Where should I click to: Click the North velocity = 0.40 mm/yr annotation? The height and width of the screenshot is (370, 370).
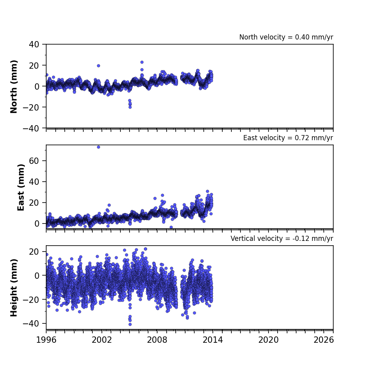coord(286,37)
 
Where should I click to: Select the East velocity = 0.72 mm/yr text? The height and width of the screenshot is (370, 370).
coord(288,138)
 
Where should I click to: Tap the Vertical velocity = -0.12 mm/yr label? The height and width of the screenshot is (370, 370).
coord(282,239)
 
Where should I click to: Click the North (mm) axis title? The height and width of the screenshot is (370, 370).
coord(14,86)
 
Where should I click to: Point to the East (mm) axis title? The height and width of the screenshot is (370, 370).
coord(21,187)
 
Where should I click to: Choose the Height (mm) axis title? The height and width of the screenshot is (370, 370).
coord(14,287)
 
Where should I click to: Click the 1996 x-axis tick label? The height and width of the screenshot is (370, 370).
coord(46,340)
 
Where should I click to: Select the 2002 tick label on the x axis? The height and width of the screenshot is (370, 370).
coord(102,340)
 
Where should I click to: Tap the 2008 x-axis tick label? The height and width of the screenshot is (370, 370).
coord(157,340)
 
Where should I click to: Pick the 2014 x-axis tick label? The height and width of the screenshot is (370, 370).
coord(212,340)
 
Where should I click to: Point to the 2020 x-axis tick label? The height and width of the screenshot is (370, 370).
coord(268,340)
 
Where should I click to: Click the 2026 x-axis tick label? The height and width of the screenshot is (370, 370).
coord(324,340)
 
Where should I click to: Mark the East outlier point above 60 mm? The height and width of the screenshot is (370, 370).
coord(98,147)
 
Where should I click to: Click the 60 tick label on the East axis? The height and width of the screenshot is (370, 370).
coord(34,161)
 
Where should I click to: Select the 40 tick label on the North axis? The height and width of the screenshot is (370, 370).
coord(34,44)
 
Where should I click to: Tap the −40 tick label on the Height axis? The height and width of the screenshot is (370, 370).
coord(31,323)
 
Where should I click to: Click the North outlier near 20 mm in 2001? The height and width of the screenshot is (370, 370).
coord(98,66)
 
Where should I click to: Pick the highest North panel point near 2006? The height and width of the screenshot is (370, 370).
coord(142,62)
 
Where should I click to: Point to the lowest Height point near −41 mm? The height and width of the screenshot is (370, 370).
coord(130,325)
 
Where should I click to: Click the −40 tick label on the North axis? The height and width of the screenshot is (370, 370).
coord(31,128)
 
